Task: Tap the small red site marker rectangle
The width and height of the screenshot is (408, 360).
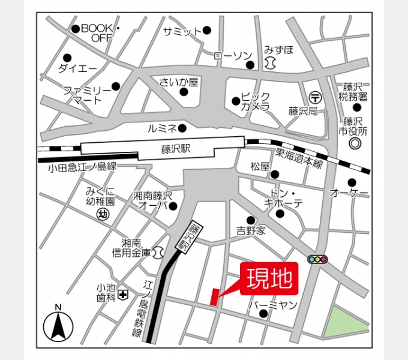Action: click(x=214, y=297)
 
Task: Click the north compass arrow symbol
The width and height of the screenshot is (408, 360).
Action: click(x=58, y=326)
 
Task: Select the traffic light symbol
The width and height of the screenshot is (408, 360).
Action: click(x=317, y=259)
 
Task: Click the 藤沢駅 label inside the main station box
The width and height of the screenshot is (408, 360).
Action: click(x=175, y=149)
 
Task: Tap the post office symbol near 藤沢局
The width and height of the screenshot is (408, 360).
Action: click(x=316, y=97)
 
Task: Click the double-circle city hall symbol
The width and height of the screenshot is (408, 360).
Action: click(x=355, y=144)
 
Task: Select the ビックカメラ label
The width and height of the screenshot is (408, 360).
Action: click(x=256, y=101)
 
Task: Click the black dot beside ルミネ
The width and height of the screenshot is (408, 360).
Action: click(x=182, y=127)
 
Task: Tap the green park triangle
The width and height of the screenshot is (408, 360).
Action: click(x=346, y=324)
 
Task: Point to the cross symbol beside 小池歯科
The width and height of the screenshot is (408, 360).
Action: click(x=123, y=294)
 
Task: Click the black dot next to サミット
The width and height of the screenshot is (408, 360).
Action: click(x=206, y=30)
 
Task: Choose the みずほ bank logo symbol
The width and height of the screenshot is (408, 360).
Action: click(x=269, y=62)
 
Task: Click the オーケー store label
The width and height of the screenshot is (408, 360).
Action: click(x=349, y=193)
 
